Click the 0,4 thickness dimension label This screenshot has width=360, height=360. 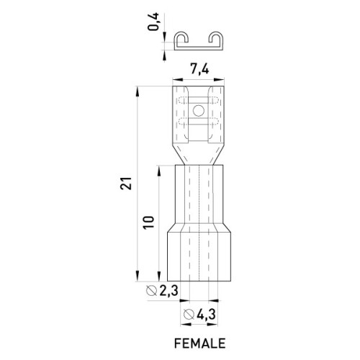tap(153, 22)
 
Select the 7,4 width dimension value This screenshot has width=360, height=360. tap(199, 70)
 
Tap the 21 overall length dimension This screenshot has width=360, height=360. tap(126, 184)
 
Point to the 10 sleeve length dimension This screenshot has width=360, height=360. tap(148, 222)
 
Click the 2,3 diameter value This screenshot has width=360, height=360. tap(168, 291)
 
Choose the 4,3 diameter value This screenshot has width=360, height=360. tap(206, 314)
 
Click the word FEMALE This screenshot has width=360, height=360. tap(199, 343)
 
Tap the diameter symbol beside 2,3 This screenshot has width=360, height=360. tap(152, 291)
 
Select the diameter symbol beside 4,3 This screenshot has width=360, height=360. tap(189, 314)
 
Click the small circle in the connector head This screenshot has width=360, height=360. tap(199, 111)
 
